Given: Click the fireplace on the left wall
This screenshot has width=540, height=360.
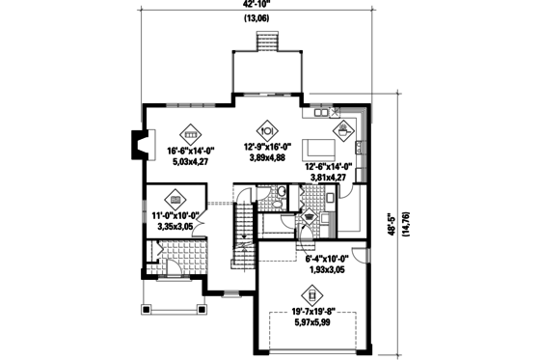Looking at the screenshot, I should [141, 147].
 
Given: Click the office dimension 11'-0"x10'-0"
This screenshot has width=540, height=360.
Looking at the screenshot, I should [175, 217].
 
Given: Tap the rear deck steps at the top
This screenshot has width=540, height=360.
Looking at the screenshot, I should [265, 43].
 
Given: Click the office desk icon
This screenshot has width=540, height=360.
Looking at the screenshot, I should [175, 198].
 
